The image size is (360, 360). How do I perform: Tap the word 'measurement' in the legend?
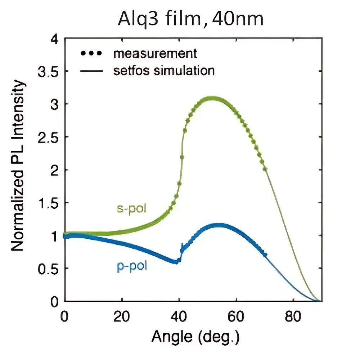coord(155,54)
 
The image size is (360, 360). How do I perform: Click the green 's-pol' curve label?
coord(132,208)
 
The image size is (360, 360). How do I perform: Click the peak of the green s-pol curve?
coord(212,98)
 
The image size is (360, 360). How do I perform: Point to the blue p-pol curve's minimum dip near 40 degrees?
coord(176,262)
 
